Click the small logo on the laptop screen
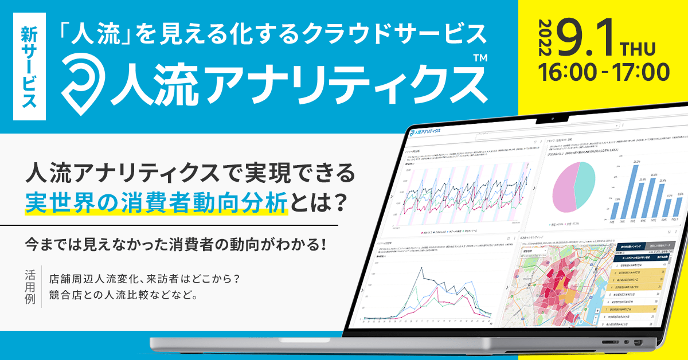pos(425,131)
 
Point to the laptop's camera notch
pos(552,120)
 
